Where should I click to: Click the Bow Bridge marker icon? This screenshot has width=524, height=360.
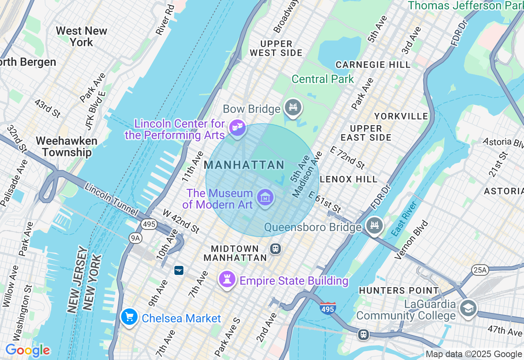293,108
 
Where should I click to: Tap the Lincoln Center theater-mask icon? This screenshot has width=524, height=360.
237,127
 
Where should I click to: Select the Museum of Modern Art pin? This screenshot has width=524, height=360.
265,198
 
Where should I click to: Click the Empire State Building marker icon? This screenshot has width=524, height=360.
226,280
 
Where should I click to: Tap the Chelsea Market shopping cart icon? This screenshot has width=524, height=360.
129,317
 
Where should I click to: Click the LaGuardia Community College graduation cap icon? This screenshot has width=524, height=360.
468,308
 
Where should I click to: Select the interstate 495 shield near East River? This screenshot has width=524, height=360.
327,308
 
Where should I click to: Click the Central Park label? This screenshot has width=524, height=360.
323,79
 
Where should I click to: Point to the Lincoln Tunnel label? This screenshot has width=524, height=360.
111,199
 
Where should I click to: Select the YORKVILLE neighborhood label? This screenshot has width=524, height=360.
401,117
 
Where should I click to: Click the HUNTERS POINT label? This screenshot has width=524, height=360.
399,290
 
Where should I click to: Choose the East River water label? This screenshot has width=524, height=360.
404,219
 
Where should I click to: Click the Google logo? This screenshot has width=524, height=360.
27,351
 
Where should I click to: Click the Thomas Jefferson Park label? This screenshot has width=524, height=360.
465,6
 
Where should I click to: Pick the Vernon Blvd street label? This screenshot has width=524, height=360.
411,240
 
